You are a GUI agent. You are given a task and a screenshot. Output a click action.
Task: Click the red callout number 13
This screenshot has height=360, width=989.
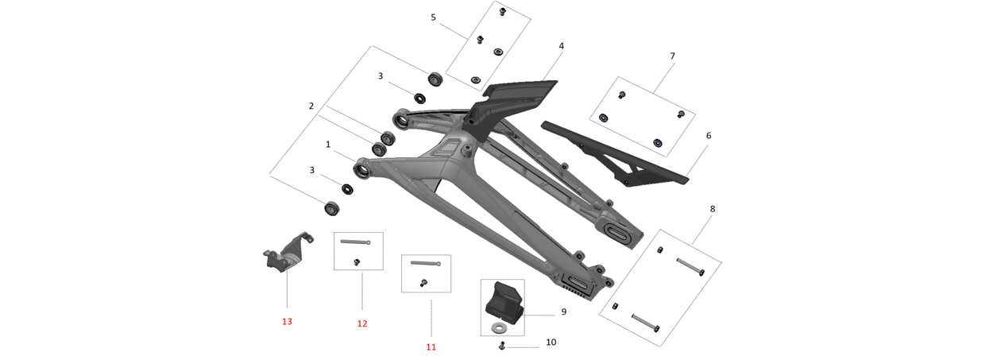tap(287, 322)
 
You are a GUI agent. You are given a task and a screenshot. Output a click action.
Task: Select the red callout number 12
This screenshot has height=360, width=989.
tap(362, 323)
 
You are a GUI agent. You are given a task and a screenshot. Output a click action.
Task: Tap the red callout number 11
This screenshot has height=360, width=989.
tap(431, 346)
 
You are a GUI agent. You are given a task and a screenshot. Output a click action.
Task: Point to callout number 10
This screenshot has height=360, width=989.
tap(551, 343)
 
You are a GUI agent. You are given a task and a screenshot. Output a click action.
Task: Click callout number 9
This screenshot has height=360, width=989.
tap(563, 312)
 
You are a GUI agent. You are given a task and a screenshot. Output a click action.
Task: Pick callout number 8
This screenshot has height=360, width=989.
tap(713, 209)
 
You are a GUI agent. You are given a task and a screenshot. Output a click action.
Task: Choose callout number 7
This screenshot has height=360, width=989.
tap(672, 56)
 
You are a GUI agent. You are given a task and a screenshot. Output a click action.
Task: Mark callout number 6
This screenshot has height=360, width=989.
tap(709, 136)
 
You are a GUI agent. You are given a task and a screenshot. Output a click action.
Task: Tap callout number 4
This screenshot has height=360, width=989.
tap(561, 46)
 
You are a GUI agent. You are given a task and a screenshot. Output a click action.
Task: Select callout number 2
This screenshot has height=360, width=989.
tap(311, 106)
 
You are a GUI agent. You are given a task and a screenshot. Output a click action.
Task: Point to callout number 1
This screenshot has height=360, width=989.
tap(327, 145)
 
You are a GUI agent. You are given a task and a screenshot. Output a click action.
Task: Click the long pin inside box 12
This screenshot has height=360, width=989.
tap(355, 242)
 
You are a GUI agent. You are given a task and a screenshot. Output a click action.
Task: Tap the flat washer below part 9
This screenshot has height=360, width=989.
tap(499, 327)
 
